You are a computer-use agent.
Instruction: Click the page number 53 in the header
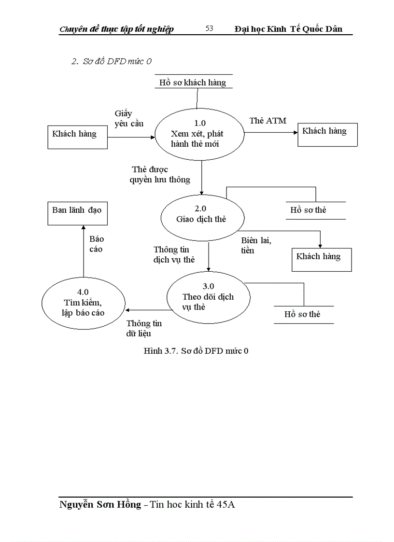tap(209, 28)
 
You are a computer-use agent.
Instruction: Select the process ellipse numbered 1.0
tap(197, 134)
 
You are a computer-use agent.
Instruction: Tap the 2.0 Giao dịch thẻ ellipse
tap(201, 214)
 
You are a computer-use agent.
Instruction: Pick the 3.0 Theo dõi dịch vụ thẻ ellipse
tap(208, 296)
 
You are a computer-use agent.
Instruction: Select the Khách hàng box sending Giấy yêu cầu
tap(77, 137)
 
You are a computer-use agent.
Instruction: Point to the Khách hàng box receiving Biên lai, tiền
tap(321, 260)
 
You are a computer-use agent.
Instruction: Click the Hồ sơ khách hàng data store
tap(193, 82)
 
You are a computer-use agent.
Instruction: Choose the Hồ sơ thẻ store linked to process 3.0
tap(303, 315)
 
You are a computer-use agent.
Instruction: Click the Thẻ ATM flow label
tap(267, 121)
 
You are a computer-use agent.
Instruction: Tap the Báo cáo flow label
tap(96, 244)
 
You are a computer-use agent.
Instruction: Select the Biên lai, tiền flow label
tap(256, 246)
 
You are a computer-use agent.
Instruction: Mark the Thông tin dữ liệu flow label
tap(143, 328)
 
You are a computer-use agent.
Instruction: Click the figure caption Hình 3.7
tap(196, 351)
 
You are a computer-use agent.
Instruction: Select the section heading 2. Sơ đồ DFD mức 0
tap(112, 61)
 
